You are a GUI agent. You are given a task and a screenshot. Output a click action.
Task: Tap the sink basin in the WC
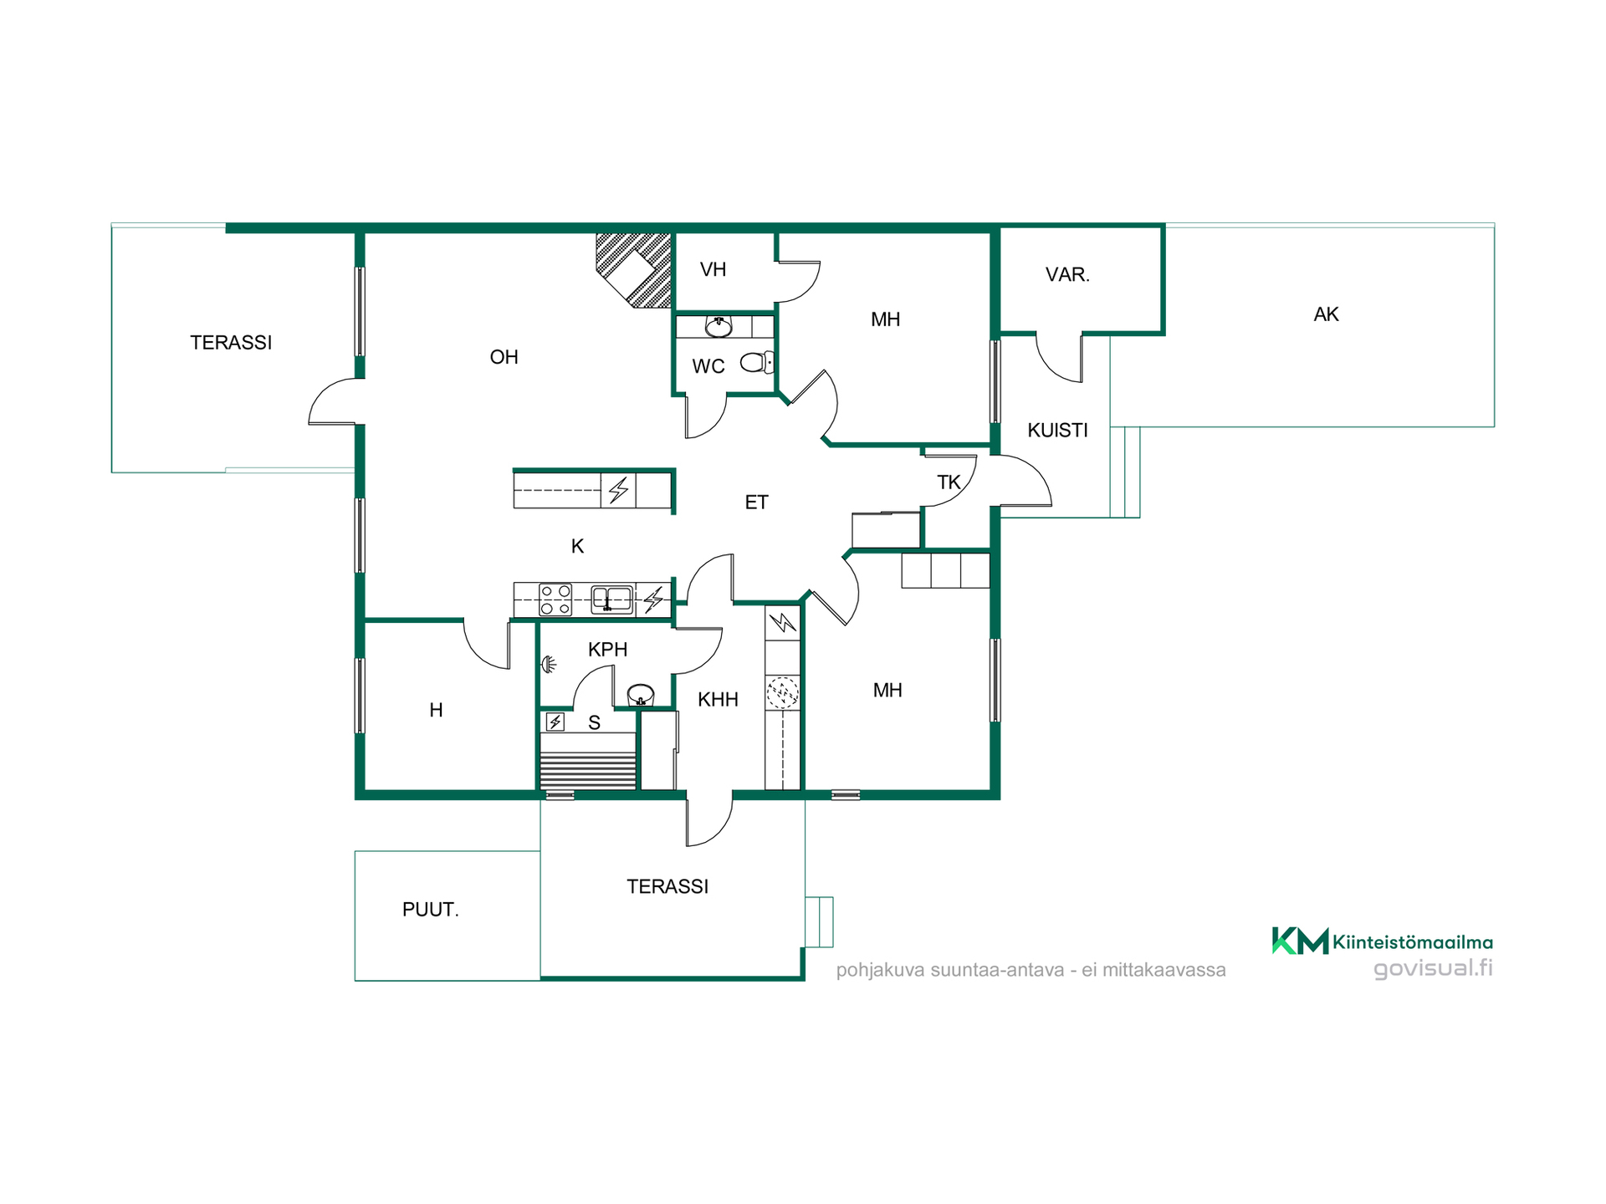[x=719, y=326]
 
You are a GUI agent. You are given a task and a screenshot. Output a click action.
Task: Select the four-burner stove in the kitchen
[x=555, y=599]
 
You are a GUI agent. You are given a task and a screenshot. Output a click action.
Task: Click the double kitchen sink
[x=612, y=599]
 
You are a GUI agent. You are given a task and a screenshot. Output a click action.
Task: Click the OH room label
[x=504, y=357]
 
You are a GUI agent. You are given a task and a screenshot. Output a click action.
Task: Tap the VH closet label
[x=713, y=269]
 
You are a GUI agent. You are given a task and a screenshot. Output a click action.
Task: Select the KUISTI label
[x=1057, y=430]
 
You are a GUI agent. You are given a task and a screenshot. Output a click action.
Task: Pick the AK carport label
[x=1326, y=314]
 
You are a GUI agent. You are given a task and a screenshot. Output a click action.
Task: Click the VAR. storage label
[x=1067, y=274]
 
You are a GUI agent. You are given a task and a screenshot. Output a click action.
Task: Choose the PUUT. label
[x=430, y=910]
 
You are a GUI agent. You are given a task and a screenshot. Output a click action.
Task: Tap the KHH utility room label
[x=718, y=700]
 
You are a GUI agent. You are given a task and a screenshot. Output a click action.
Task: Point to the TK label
[x=949, y=482]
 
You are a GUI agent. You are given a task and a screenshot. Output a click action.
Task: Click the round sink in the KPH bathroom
[x=641, y=694]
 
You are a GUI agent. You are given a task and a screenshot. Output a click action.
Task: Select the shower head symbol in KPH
[x=549, y=665]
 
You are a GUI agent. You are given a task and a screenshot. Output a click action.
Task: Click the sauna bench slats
[x=588, y=770]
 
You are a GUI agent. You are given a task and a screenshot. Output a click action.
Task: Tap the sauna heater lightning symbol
[x=555, y=722]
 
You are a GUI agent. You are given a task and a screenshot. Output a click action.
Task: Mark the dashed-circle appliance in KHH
[x=783, y=692]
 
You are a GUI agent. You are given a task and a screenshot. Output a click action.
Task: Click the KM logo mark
[x=1300, y=941]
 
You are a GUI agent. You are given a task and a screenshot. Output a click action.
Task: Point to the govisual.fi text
[x=1433, y=968]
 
